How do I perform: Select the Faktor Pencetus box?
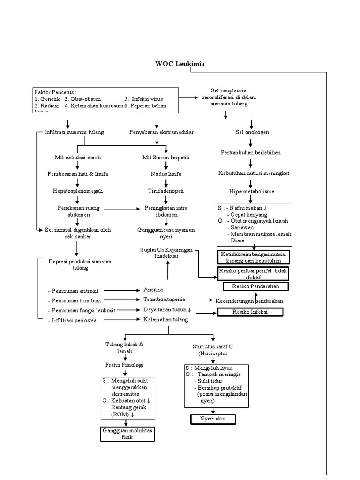(105, 99)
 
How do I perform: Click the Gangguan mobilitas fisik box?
(124, 434)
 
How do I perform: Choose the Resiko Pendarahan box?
(255, 286)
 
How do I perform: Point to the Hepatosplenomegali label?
(77, 191)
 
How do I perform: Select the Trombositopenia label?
(165, 300)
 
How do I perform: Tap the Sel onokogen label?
(252, 132)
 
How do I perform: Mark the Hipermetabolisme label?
(252, 191)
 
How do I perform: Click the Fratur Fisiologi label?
(124, 364)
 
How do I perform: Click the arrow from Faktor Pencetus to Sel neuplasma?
(189, 98)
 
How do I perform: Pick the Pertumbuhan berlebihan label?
(252, 153)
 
